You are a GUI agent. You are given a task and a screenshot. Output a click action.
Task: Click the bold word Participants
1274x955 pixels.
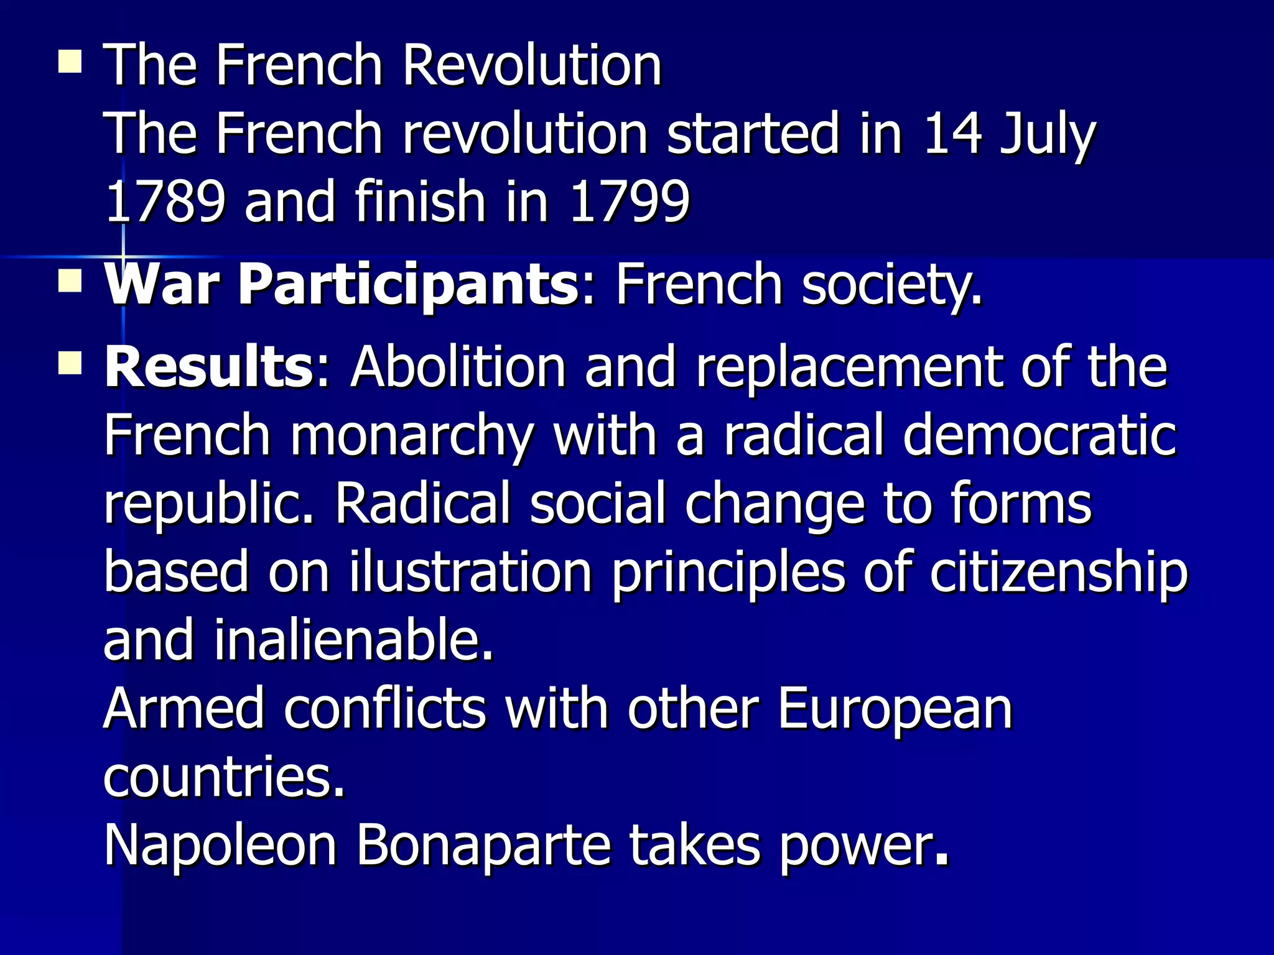click(409, 285)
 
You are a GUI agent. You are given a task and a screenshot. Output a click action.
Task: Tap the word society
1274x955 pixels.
click(891, 285)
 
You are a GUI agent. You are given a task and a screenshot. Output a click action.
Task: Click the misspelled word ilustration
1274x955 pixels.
click(470, 572)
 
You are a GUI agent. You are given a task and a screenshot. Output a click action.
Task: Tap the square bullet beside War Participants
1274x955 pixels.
click(70, 281)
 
